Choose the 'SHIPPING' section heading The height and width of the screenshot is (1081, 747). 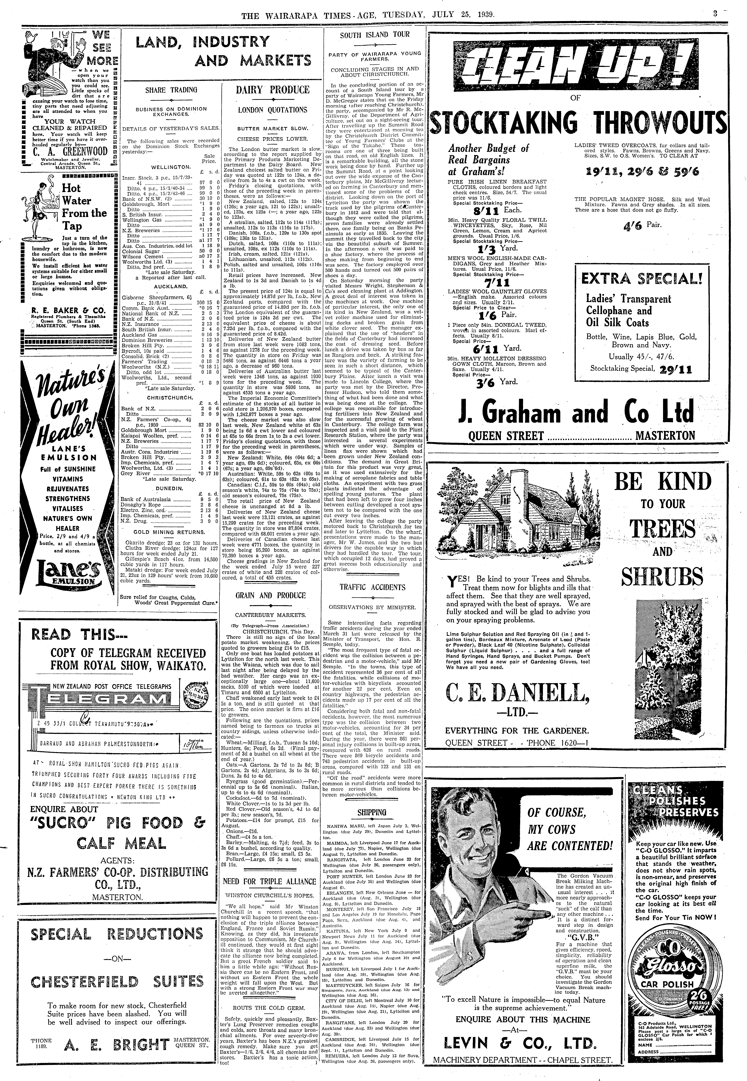click(x=372, y=813)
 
